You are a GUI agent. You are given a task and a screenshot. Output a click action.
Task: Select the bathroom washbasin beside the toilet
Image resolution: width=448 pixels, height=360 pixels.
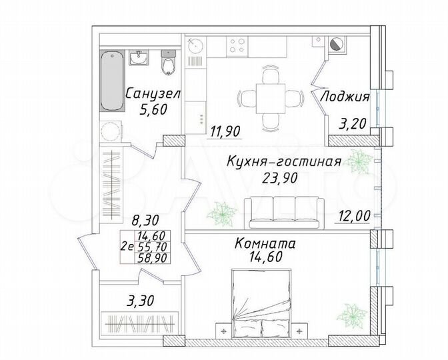coord(139,59)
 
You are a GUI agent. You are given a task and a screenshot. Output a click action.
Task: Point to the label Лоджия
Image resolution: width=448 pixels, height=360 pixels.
coord(345,96)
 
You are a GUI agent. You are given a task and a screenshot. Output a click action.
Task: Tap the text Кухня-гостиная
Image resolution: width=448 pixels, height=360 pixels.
coord(284,162)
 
